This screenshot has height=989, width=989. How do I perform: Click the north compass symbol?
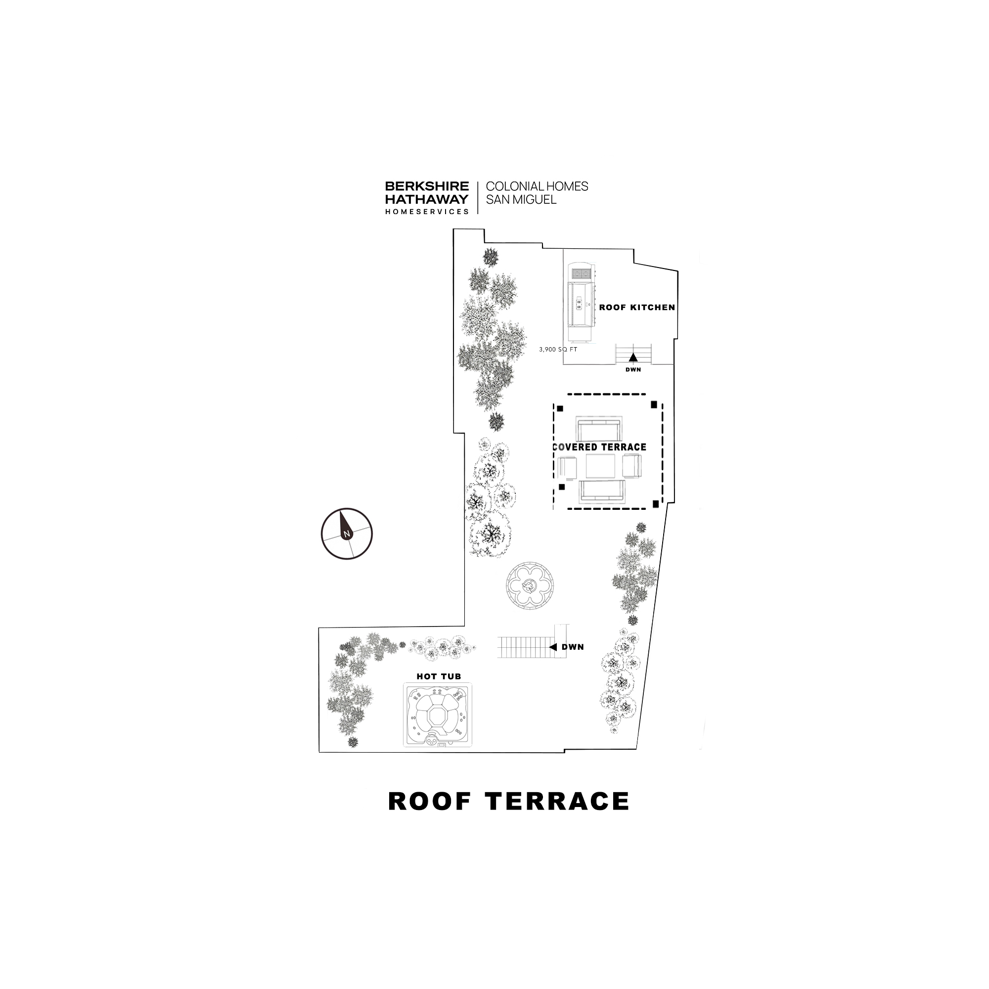pos(347,534)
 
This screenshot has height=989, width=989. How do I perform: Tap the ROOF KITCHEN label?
pos(637,308)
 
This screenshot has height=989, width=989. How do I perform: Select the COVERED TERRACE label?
pos(599,448)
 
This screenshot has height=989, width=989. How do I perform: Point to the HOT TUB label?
pos(439,676)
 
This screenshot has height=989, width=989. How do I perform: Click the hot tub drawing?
pos(438,715)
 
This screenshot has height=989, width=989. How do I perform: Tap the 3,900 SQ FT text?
pos(558,350)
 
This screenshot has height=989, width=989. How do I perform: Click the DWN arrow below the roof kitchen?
pos(633,358)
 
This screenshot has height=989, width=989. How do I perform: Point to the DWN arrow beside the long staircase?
pos(553,647)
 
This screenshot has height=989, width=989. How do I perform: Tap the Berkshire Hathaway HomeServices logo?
pos(427,197)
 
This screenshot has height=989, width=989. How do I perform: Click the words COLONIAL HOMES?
pos(537,186)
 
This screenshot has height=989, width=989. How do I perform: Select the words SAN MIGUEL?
pos(521,200)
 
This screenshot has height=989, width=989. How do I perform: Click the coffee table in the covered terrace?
pos(600,466)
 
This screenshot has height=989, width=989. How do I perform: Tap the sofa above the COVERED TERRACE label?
pos(598,429)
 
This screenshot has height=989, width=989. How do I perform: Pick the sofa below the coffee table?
pos(602,491)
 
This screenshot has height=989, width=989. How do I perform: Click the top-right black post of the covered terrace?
pos(654,405)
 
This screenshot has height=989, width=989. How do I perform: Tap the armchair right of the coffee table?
pos(631,466)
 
